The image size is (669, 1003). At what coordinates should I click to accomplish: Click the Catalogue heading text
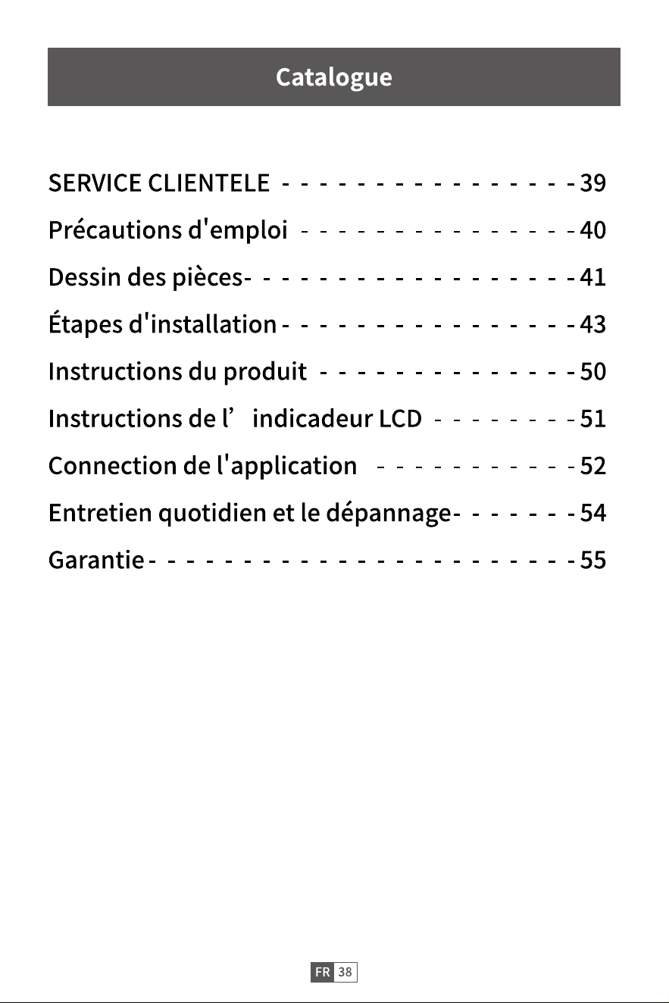point(334,77)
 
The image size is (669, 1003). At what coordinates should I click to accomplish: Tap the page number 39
point(593,183)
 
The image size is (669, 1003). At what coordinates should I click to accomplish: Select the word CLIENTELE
point(208,183)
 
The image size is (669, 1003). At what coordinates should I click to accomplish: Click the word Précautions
point(115,230)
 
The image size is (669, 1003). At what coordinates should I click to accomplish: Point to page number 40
point(593,230)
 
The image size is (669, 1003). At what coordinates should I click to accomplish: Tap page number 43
point(593,324)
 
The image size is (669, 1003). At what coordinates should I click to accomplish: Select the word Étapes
point(85,323)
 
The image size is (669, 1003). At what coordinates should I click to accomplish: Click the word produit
point(265,372)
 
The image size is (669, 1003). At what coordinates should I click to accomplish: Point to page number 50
point(593,371)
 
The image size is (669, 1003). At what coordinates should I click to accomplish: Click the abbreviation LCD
point(400,419)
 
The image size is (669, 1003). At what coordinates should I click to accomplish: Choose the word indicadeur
point(313,418)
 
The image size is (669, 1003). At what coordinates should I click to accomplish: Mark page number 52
point(593,466)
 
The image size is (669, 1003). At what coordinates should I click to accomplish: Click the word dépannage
point(388,513)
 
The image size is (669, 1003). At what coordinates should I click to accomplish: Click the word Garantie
point(96,560)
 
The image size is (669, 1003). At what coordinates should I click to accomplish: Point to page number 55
point(593,560)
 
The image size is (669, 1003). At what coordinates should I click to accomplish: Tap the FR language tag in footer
point(323,972)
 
